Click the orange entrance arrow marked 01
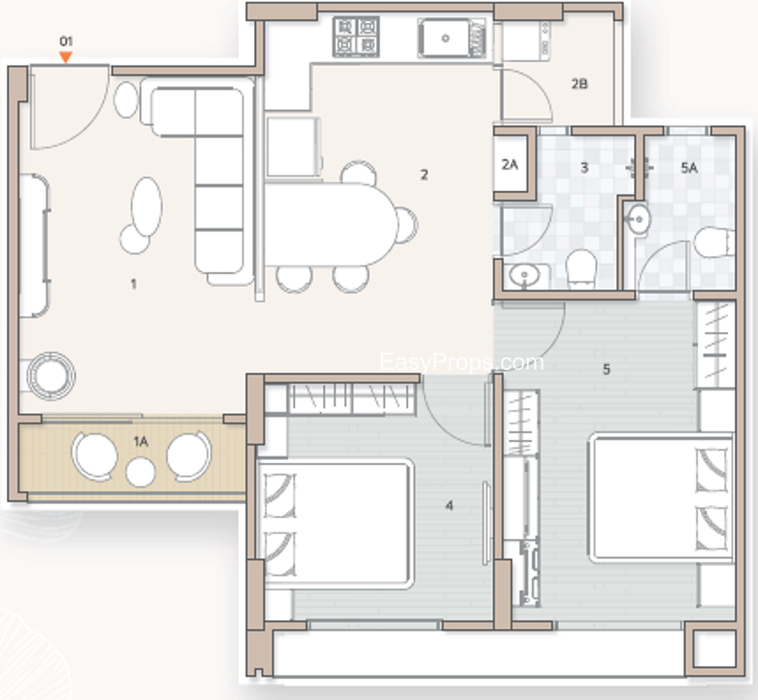65,58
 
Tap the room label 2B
579,84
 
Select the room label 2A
510,165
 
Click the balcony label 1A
140,441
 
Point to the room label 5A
689,168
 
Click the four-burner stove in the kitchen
356,37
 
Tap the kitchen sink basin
445,38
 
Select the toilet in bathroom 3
580,267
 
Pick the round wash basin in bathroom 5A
638,220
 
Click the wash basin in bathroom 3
525,276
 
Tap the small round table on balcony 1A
140,472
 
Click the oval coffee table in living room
147,207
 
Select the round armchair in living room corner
51,377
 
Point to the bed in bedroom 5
660,497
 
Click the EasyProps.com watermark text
461,362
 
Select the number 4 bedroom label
449,506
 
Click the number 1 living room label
134,285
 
